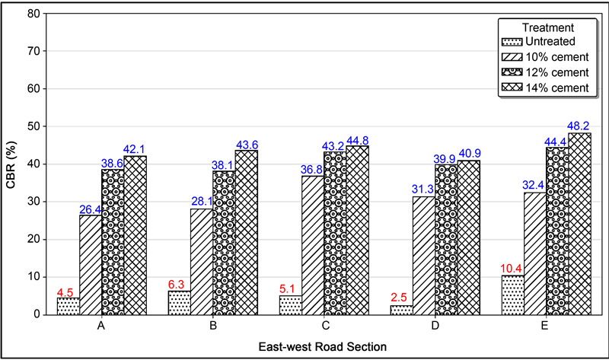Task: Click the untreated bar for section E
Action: coord(513,295)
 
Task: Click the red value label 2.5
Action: coord(401,298)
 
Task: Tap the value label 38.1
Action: coord(223,164)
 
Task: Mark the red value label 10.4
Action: coord(513,268)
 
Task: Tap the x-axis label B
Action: coord(213,326)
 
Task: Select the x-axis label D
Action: coord(435,326)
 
